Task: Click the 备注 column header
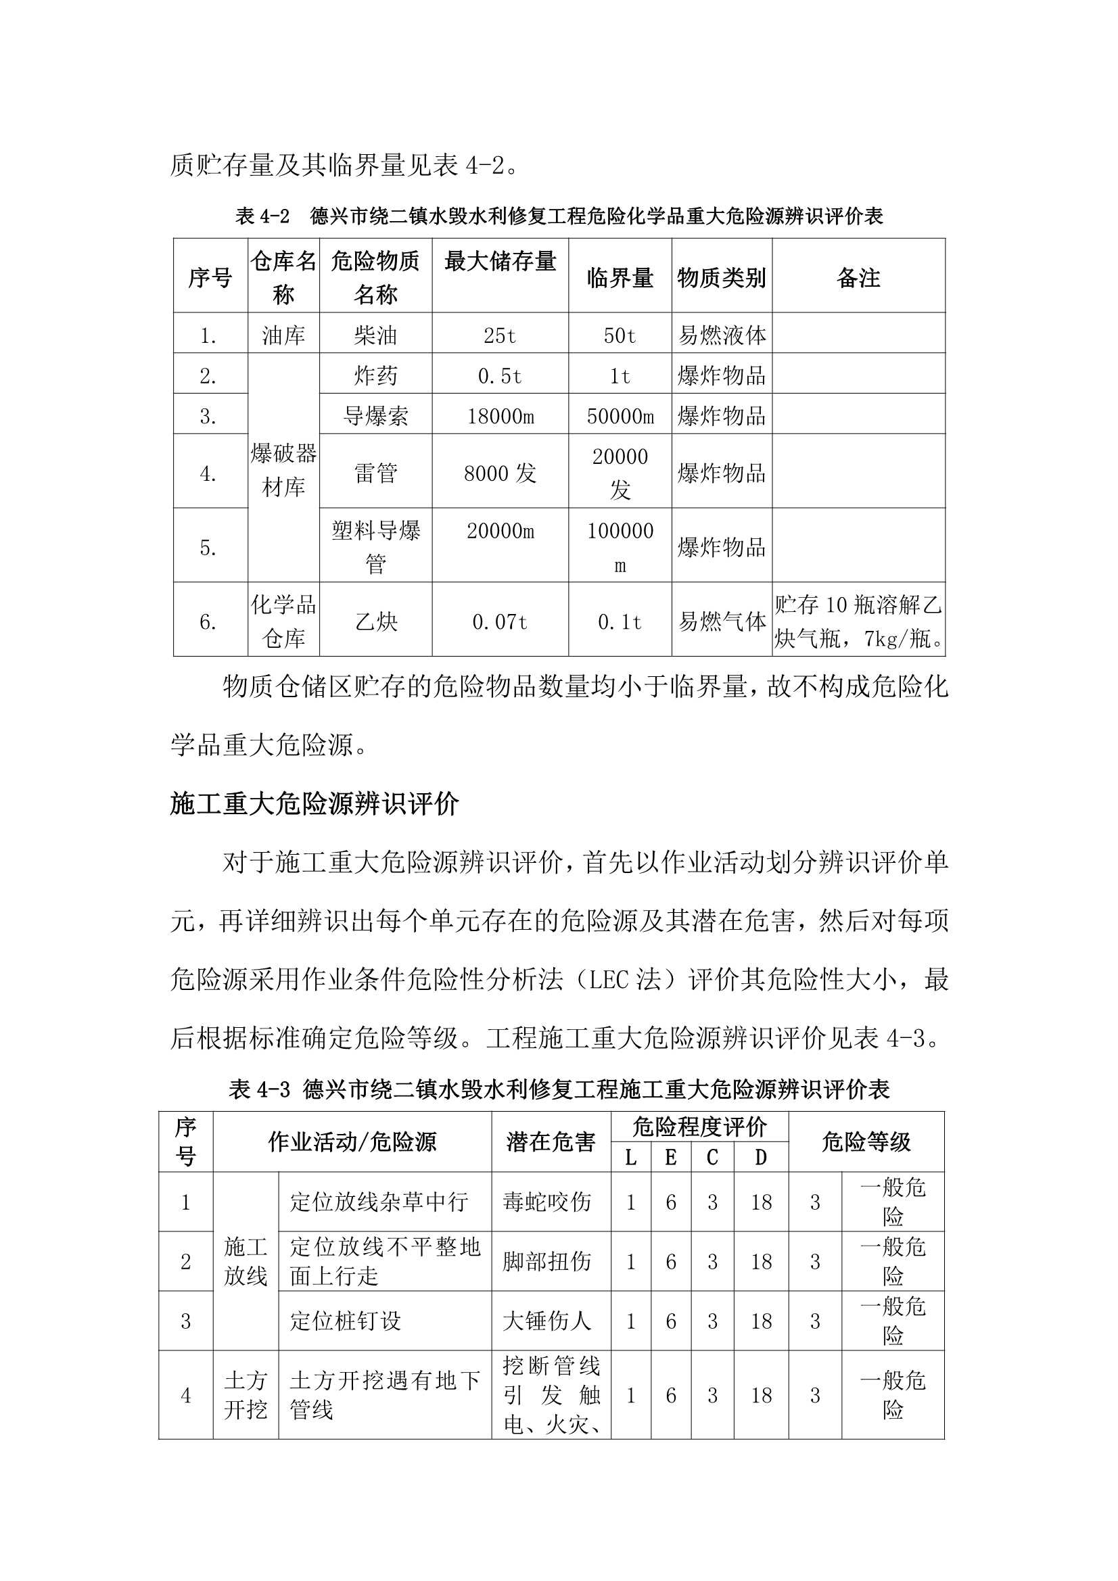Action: click(858, 277)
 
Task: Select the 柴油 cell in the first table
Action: click(375, 335)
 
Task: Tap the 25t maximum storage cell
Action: click(499, 335)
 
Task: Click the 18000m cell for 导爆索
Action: click(500, 416)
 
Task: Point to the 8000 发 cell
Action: click(499, 473)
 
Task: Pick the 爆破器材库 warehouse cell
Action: click(283, 470)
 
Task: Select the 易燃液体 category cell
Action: click(721, 335)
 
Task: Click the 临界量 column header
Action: click(620, 277)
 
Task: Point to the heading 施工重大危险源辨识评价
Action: click(314, 803)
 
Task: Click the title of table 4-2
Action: click(559, 216)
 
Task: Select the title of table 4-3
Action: click(559, 1089)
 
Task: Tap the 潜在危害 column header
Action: click(551, 1141)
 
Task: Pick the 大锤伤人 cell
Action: click(547, 1321)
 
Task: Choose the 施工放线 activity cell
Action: click(246, 1260)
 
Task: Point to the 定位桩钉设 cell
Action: click(345, 1321)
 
